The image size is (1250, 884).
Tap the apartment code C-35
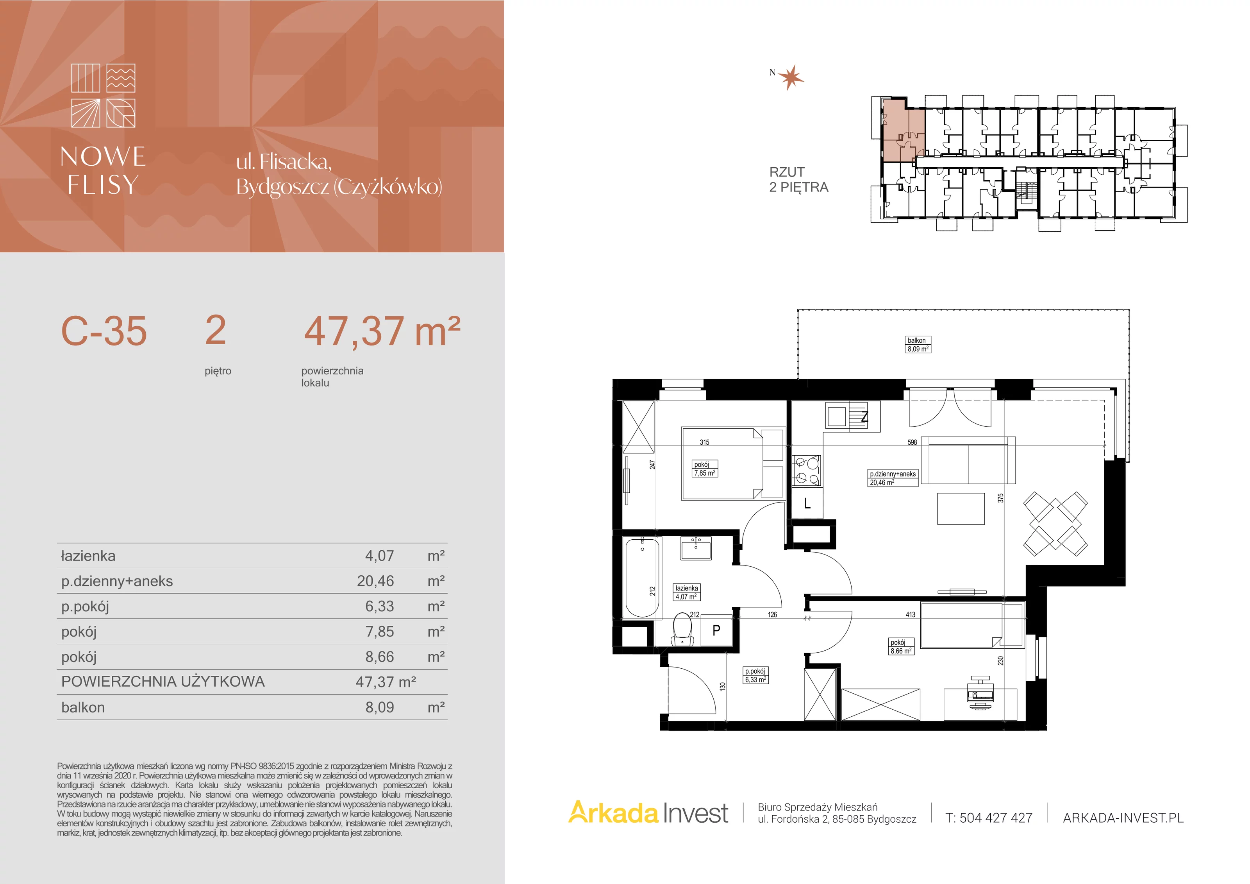pos(104,331)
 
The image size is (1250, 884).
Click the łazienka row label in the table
pos(88,556)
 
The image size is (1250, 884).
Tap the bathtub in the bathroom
pos(643,577)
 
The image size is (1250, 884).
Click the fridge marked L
pos(807,503)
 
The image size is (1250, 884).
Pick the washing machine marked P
pos(716,630)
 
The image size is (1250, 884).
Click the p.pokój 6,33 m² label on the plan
pos(755,675)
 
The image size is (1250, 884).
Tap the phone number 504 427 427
pos(996,818)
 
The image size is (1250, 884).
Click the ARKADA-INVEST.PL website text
pos(1123,818)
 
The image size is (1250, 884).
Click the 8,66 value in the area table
pos(379,657)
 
